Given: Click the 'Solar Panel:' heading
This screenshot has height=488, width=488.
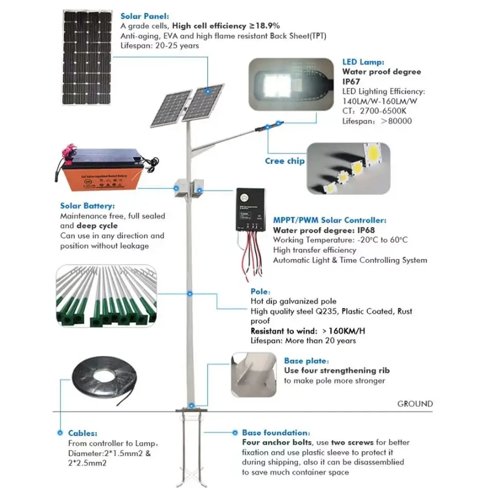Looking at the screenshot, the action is [144, 16].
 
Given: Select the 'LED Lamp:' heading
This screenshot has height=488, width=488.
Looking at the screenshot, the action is [363, 62].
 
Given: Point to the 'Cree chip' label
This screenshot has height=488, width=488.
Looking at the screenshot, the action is [285, 161].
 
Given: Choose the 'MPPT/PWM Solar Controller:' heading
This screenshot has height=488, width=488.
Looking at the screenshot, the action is [329, 220].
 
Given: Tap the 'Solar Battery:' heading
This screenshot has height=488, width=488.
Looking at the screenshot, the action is [86, 206].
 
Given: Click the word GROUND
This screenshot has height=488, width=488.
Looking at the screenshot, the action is [415, 404].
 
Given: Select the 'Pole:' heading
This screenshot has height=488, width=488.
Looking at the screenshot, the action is [260, 291].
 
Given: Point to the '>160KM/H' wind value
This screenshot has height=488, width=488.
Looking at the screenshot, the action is [337, 331].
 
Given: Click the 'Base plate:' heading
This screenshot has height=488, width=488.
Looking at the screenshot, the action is [307, 361].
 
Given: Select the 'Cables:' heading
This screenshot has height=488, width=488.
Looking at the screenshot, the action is [83, 433].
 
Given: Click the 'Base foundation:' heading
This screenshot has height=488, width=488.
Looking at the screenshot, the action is [276, 433].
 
